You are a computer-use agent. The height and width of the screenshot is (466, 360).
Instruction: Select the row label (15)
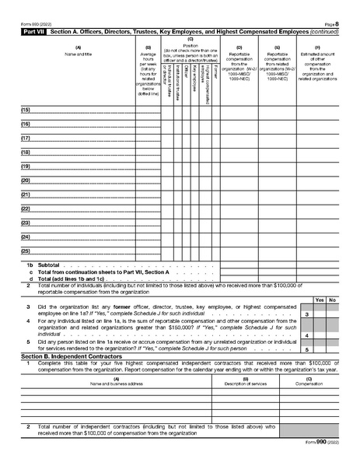(26, 111)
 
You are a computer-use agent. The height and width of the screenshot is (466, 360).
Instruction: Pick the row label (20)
(26, 180)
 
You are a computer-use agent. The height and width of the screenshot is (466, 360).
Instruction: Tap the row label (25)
(26, 251)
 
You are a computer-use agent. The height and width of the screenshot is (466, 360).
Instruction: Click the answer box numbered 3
(307, 314)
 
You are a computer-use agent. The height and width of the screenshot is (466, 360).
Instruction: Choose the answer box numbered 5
(307, 350)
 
